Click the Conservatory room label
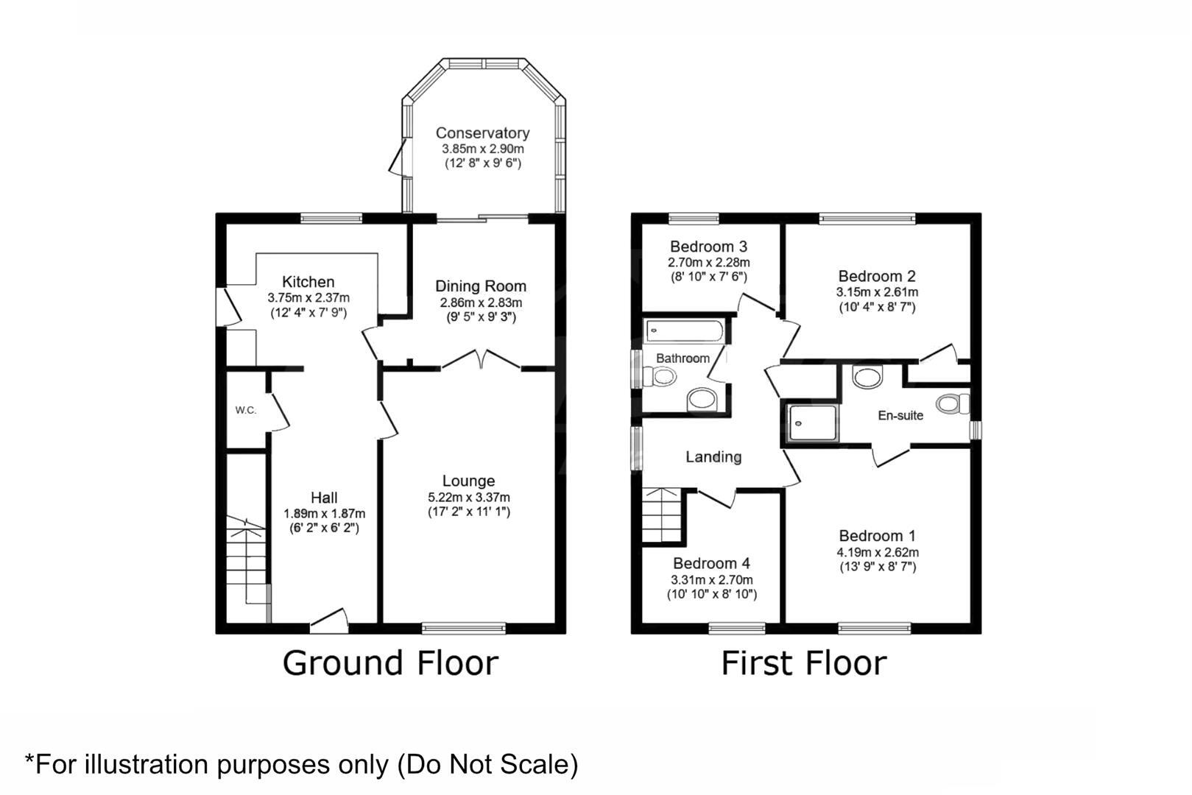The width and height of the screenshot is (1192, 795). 482,133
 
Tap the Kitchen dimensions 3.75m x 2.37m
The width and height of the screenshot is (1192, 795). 308,298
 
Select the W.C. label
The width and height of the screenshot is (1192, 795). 246,410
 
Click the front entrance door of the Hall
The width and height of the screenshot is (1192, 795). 328,622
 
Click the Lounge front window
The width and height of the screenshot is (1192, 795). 464,628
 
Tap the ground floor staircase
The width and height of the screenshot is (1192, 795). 245,563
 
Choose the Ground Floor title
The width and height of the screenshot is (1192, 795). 389,662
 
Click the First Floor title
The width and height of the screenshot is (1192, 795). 803,662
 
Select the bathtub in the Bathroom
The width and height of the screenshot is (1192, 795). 685,331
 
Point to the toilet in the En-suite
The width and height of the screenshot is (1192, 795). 953,404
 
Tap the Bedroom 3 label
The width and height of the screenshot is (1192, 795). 708,247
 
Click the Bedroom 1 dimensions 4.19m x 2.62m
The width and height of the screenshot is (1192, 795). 877,552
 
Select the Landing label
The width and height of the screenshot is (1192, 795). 713,457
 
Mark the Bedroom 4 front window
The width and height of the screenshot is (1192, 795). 736,628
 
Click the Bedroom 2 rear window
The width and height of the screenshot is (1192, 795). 867,218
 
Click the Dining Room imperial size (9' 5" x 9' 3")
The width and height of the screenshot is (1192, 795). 481,317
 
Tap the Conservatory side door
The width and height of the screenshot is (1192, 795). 398,158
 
